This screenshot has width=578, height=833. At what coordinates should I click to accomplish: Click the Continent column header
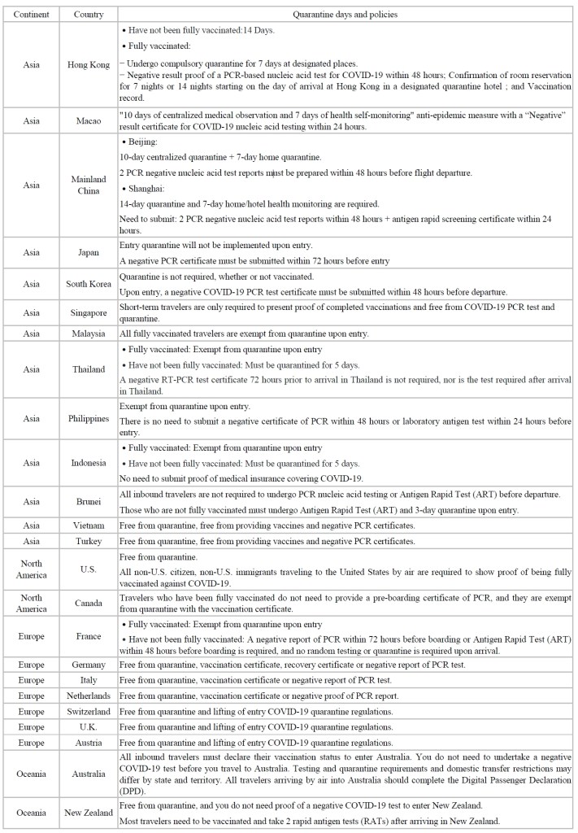click(x=31, y=15)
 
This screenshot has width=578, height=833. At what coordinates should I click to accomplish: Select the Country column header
click(x=88, y=15)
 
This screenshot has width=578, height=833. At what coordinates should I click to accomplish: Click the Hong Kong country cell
click(x=88, y=65)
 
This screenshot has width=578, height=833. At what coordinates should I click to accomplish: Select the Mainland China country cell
click(x=88, y=185)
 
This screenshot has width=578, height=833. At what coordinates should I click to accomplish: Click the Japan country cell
click(x=88, y=253)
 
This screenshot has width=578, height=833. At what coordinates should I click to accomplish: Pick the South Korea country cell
click(x=88, y=284)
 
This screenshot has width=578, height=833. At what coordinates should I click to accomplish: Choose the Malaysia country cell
click(x=88, y=334)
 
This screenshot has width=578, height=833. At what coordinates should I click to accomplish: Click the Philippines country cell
click(x=88, y=419)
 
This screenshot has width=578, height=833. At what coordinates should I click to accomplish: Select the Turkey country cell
click(x=88, y=541)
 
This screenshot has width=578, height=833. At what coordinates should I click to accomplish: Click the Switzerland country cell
click(x=88, y=712)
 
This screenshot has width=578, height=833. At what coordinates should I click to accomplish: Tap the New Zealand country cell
click(x=88, y=813)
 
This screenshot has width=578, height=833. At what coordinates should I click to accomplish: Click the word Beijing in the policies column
click(x=146, y=142)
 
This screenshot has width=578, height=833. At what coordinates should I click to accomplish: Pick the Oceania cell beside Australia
click(x=31, y=774)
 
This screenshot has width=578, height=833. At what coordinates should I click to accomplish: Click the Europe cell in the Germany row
click(x=31, y=665)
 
